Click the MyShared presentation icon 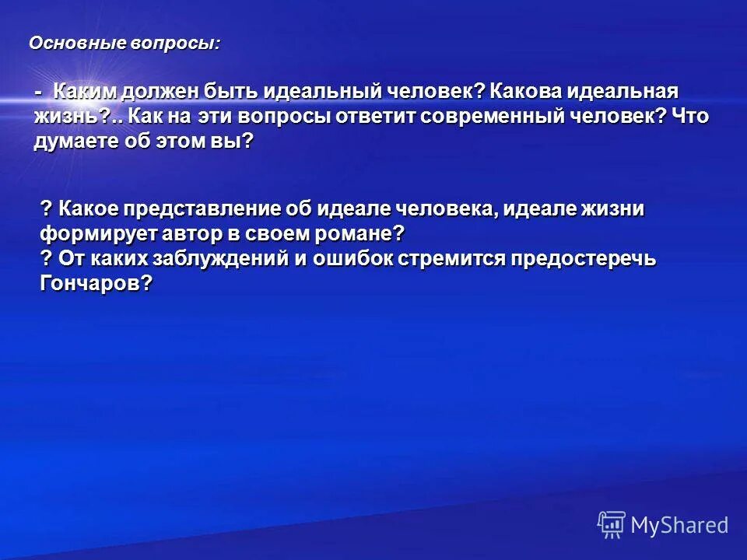[611, 525]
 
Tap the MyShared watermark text [679, 525]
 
